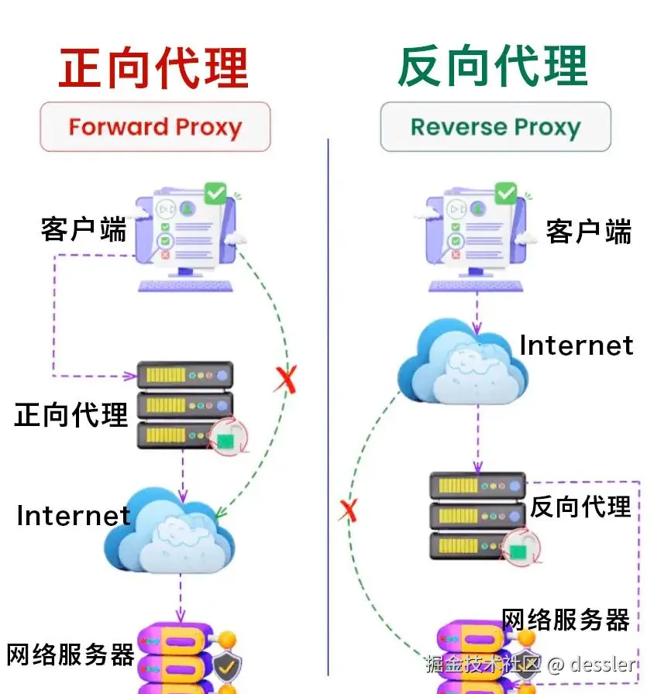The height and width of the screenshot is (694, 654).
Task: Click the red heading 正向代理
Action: tap(153, 67)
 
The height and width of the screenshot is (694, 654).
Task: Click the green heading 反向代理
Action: tap(493, 67)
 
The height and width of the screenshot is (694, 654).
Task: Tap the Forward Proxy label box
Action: tap(155, 126)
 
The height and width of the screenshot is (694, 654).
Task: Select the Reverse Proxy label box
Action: tap(495, 126)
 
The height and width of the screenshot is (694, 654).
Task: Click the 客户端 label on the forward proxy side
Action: tap(83, 228)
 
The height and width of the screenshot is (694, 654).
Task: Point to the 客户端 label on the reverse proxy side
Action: tap(588, 231)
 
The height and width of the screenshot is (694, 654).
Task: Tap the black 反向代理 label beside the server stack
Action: tap(580, 507)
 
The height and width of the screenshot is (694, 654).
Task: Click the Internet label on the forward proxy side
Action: tap(73, 515)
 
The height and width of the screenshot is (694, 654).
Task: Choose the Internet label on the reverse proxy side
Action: tap(576, 345)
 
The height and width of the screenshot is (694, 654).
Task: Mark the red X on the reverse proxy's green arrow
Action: tap(349, 510)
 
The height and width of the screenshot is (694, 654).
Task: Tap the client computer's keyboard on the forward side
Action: tap(186, 285)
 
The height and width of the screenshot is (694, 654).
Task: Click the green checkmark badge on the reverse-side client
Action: tap(505, 192)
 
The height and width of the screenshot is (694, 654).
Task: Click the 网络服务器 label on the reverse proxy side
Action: tap(565, 620)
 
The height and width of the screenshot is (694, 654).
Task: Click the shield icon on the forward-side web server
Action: tap(228, 665)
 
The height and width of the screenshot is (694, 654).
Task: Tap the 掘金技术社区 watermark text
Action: tap(481, 664)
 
